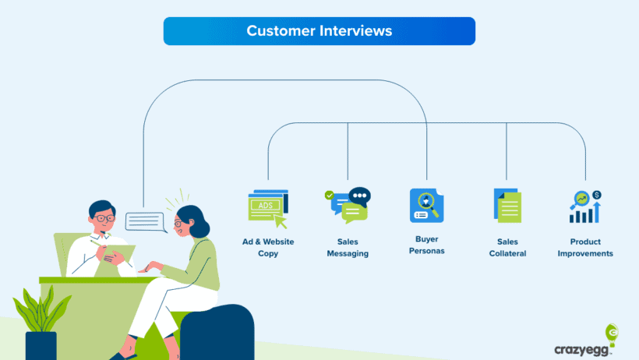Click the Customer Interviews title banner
(319, 31)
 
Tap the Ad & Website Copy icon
(267, 207)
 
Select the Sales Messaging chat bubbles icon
(348, 206)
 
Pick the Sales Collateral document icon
(507, 206)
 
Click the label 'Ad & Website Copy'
(268, 248)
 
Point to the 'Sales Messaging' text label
(348, 248)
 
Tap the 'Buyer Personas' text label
(427, 245)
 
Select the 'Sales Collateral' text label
(507, 248)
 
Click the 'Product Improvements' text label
(585, 248)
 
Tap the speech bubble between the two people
(146, 222)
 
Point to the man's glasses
(103, 219)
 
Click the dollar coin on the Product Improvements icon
(597, 195)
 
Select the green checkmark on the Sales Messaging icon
(329, 195)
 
